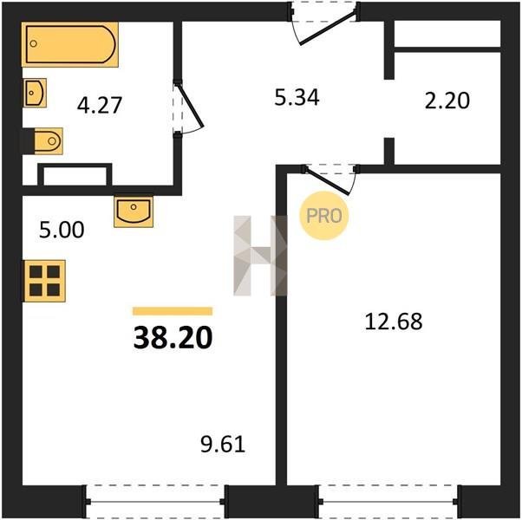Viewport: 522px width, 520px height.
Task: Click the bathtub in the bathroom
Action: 70,44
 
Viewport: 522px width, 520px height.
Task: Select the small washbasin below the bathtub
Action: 35,93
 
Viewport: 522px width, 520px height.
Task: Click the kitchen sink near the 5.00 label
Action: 134,212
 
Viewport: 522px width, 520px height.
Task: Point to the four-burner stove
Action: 44,281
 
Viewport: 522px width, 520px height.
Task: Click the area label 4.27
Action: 99,105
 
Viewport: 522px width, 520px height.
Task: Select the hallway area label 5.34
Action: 297,97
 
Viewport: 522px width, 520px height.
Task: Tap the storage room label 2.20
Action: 447,101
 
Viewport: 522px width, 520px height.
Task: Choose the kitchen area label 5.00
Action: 62,230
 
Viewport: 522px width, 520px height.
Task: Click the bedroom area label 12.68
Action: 394,322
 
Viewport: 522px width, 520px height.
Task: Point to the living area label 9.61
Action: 223,444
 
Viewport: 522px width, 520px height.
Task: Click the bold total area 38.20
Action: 173,337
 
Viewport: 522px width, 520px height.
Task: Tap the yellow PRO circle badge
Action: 324,216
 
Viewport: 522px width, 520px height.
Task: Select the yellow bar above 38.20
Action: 173,311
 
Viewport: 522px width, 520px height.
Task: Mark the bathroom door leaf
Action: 190,106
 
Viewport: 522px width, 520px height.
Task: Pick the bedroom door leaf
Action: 327,180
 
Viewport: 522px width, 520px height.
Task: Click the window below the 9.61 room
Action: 155,502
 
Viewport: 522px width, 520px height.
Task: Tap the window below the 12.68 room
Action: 388,502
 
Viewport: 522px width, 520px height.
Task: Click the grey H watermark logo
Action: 260,256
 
